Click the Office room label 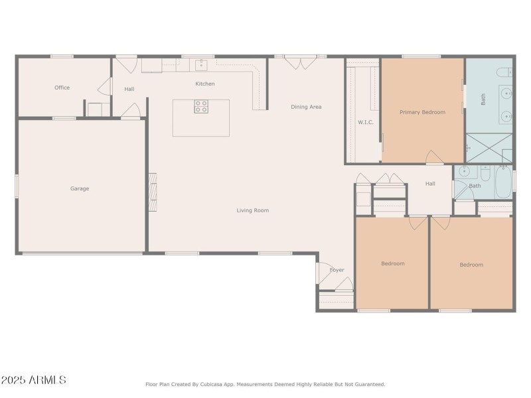click(x=62, y=88)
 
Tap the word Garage click(x=80, y=188)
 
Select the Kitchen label click(x=204, y=84)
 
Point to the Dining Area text click(x=306, y=106)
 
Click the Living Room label click(x=253, y=210)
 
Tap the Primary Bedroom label click(x=422, y=112)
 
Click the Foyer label click(x=337, y=270)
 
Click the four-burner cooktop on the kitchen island click(x=201, y=107)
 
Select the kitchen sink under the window click(x=201, y=65)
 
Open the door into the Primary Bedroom click(x=434, y=157)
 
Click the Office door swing click(x=104, y=87)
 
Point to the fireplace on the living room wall click(x=153, y=192)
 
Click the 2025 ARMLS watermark click(x=33, y=380)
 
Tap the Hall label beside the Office click(x=129, y=89)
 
